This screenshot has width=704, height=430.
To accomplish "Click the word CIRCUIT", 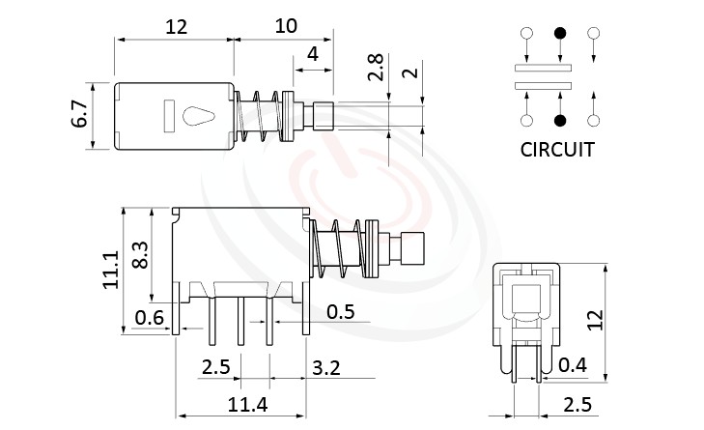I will click(557, 150).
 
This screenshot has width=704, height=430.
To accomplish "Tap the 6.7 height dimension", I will click(82, 116).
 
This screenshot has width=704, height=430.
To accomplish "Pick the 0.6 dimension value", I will click(149, 316).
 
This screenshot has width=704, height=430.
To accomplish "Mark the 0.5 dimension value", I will click(340, 311).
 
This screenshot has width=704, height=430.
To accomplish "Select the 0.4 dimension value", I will click(574, 364).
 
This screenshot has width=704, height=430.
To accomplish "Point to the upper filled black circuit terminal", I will click(559, 35).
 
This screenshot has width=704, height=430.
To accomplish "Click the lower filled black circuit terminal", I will click(559, 121).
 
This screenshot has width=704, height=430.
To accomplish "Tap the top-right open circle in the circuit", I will click(593, 35).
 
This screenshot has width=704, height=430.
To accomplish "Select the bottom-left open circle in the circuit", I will click(526, 121).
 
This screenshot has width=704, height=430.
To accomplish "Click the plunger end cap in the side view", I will click(412, 248).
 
